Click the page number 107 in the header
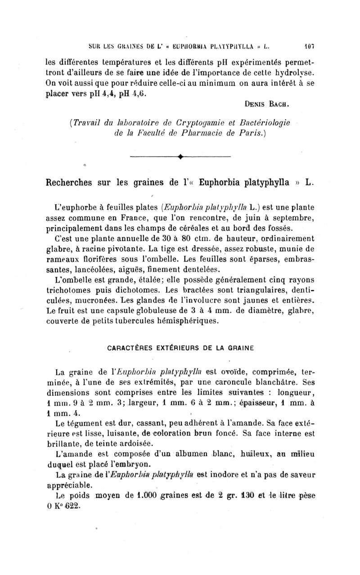pos(308,45)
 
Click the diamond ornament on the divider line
pos(180,157)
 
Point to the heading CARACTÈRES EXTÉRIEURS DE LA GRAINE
pos(180,347)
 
